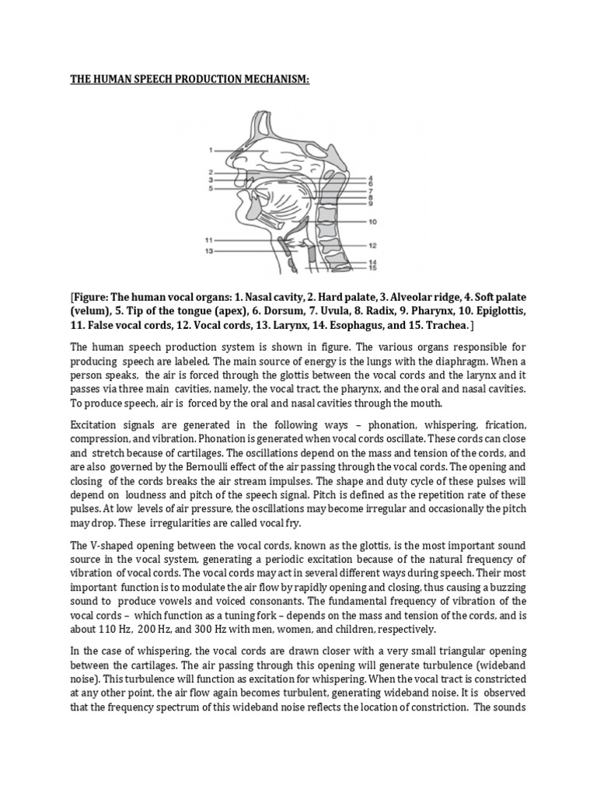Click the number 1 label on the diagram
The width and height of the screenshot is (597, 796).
point(211,150)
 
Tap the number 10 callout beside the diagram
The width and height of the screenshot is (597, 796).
point(373,222)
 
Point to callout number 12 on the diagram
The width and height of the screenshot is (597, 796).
point(373,245)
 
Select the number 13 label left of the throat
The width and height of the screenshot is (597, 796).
point(209,252)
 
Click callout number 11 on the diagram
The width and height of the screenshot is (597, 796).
point(209,239)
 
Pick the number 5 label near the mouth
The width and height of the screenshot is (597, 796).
point(211,188)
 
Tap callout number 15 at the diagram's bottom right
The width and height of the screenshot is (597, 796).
point(373,269)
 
